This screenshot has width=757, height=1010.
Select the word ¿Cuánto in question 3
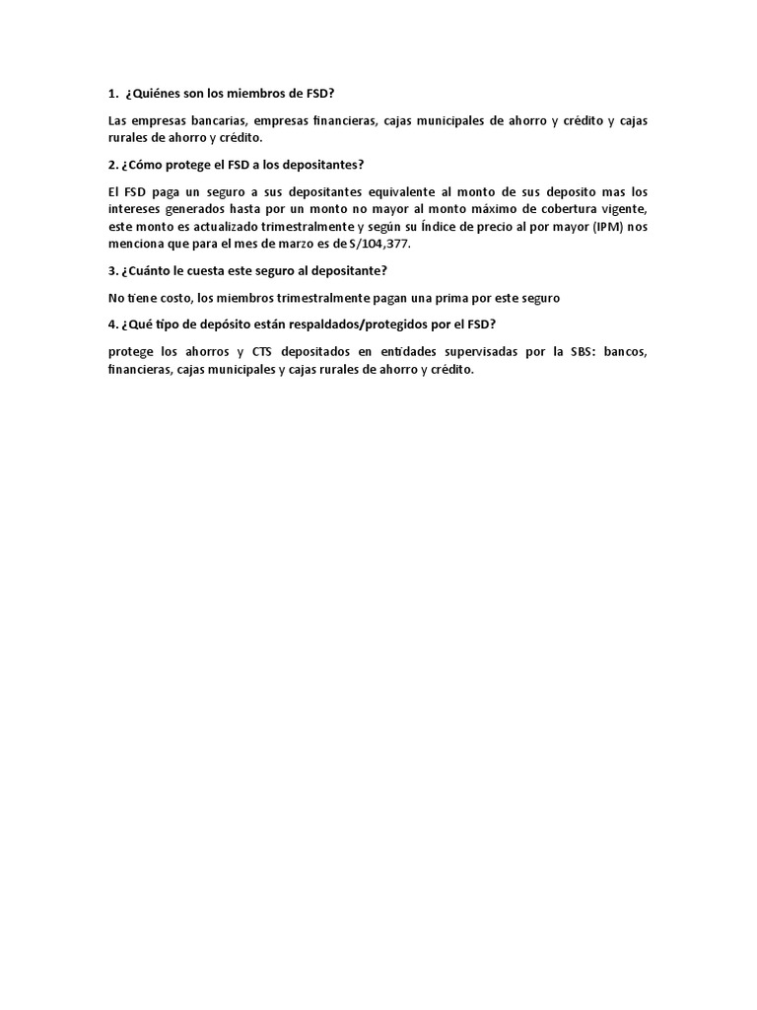click(x=148, y=270)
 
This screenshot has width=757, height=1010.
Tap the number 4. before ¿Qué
click(x=112, y=325)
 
